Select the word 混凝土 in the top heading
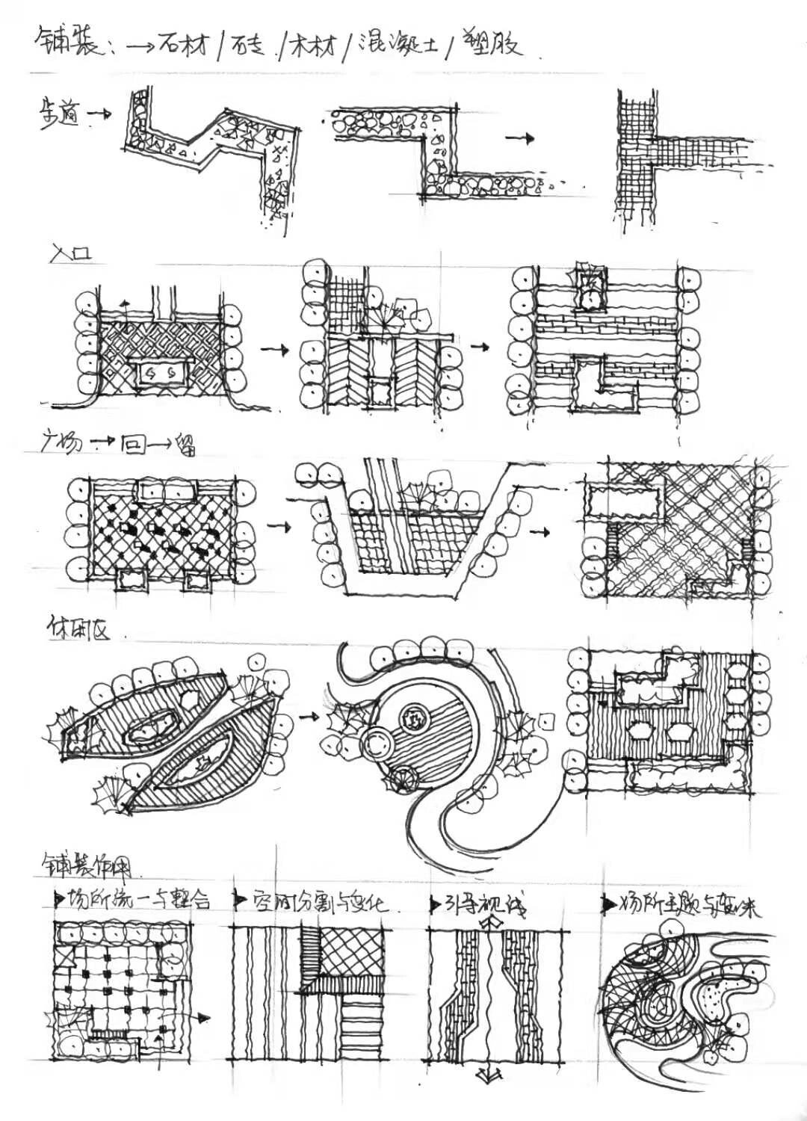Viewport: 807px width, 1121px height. [x=396, y=44]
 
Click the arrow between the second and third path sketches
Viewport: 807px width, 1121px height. [x=521, y=138]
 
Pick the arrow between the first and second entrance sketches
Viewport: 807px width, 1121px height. [x=274, y=349]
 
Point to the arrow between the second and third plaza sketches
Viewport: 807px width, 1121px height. [x=539, y=531]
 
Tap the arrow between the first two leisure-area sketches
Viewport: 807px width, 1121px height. [x=307, y=715]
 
